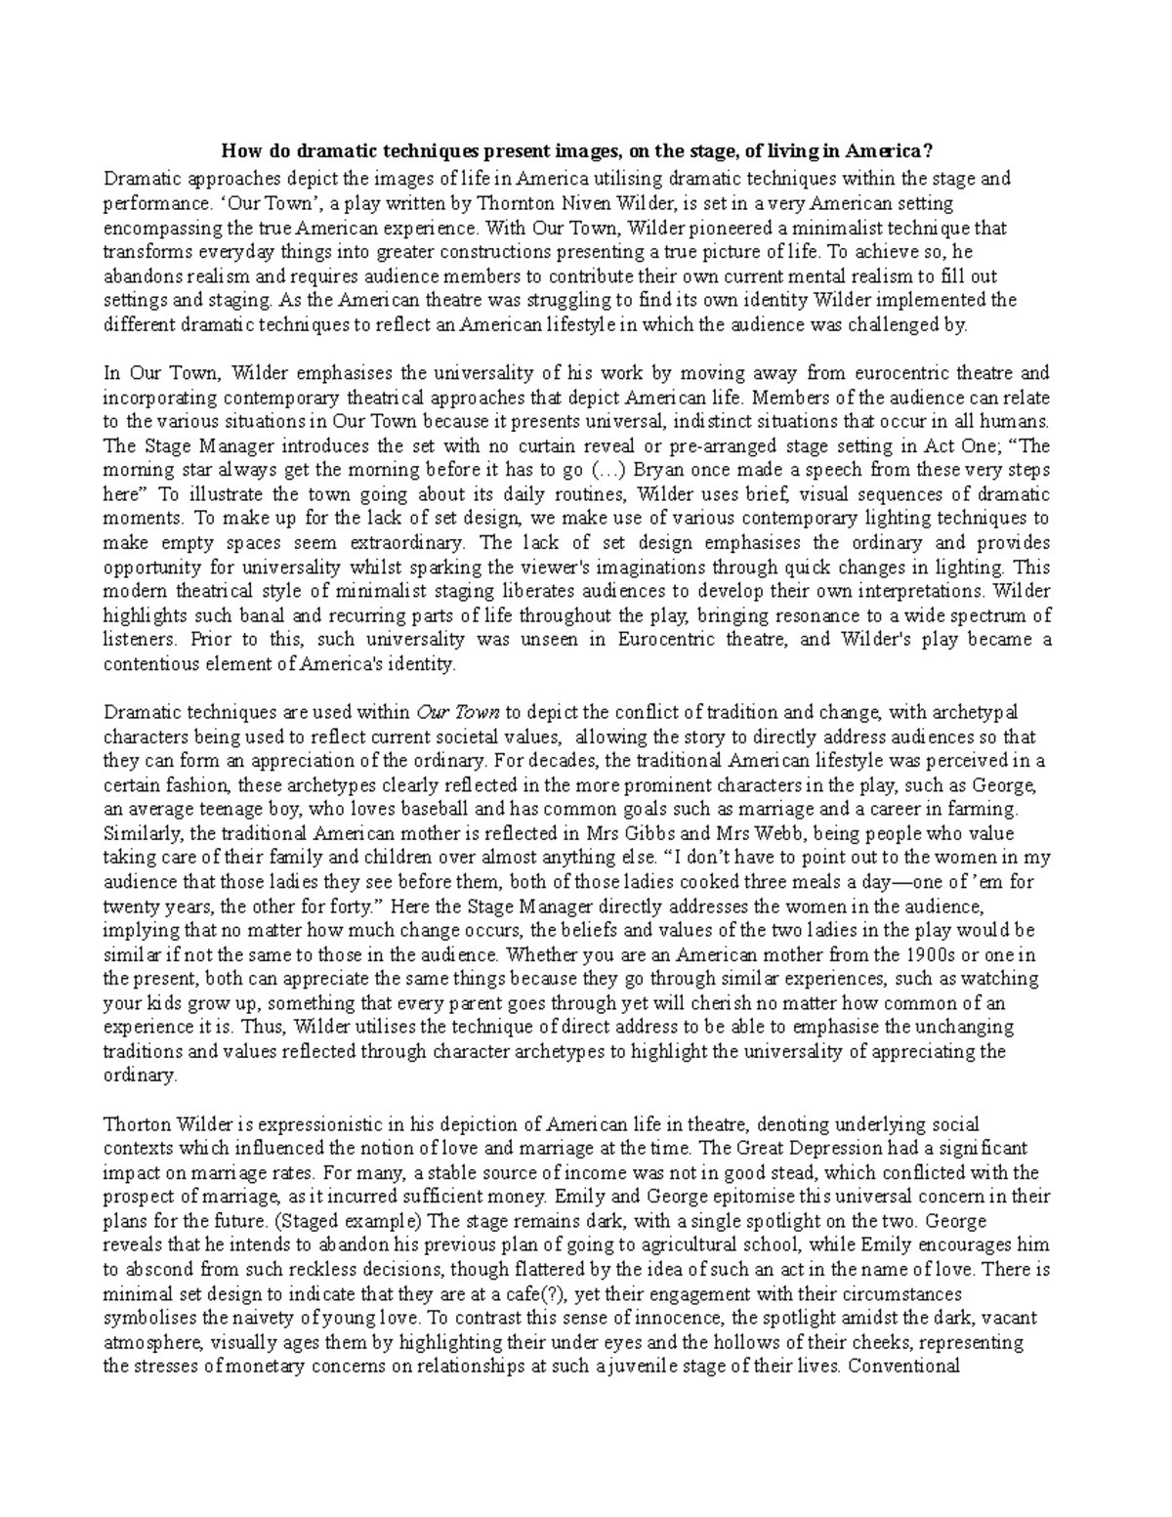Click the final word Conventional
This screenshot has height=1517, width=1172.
tap(904, 1366)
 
